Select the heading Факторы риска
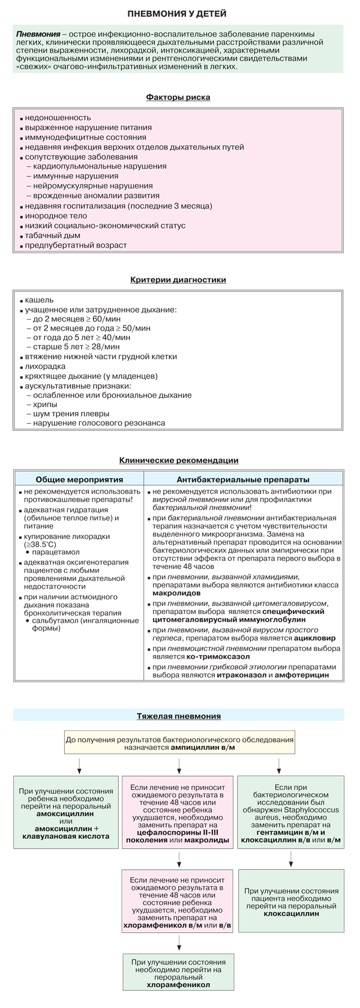point(178,97)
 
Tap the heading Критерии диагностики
point(178,280)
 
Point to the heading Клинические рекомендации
point(178,460)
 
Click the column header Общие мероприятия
point(79,479)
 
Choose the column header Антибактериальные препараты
point(243,479)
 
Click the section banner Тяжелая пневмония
point(178,716)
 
